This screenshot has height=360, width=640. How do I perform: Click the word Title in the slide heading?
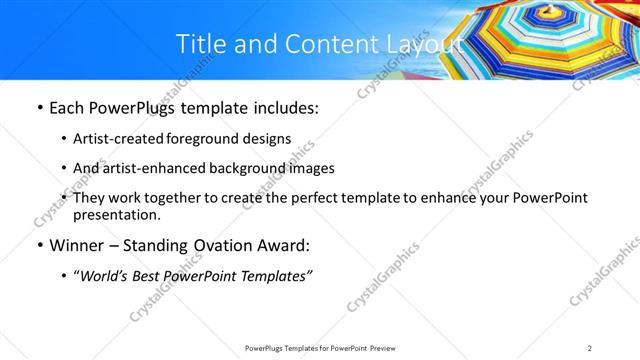pyautogui.click(x=199, y=44)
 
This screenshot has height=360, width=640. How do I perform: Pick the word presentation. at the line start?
pyautogui.click(x=116, y=215)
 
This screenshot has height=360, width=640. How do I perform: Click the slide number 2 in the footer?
pyautogui.click(x=590, y=347)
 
